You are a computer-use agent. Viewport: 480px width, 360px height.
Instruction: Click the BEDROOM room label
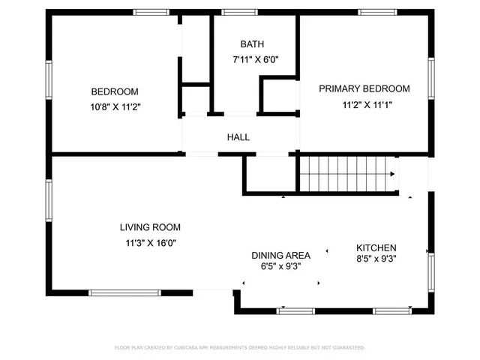[x=115, y=91]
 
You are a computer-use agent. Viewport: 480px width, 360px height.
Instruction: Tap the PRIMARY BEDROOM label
[x=364, y=88]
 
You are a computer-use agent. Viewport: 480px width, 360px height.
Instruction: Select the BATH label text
[x=252, y=44]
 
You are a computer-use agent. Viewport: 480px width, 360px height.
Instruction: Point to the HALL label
[x=238, y=137]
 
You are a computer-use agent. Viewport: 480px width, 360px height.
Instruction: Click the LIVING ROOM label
[x=150, y=227]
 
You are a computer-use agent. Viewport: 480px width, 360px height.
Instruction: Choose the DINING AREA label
[x=280, y=255]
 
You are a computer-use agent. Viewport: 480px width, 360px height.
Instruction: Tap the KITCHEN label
[x=376, y=248]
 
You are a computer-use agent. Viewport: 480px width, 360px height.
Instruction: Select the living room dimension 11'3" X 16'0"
[x=151, y=242]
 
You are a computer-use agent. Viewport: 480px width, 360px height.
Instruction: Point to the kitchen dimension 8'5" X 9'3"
[x=376, y=259]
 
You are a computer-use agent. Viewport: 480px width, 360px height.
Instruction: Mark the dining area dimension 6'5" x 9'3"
[x=280, y=265]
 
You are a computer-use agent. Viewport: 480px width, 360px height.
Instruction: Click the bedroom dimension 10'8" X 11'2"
[x=115, y=107]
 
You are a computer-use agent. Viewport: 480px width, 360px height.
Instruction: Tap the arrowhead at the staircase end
[x=392, y=175]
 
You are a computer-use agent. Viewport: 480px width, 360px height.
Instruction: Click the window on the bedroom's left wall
[x=49, y=82]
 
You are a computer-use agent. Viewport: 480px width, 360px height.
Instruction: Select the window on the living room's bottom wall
[x=125, y=292]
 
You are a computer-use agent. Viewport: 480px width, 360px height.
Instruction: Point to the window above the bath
[x=239, y=12]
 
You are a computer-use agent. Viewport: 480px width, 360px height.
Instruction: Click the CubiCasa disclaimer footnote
[x=240, y=348]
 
